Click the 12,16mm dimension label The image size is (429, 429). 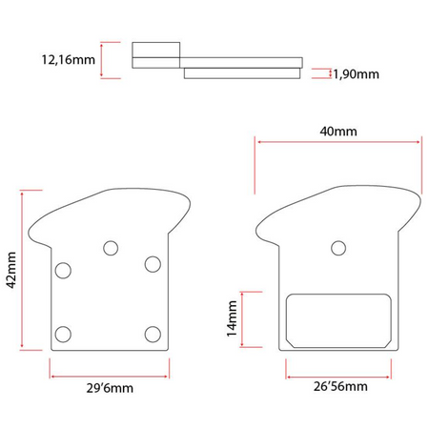(69, 60)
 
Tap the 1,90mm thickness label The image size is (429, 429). (356, 74)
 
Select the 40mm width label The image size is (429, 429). (338, 132)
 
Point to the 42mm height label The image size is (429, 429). (11, 270)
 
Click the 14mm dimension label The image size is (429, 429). (232, 318)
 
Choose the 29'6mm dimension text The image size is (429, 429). (110, 388)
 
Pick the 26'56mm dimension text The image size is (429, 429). (340, 386)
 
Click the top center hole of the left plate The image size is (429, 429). (111, 248)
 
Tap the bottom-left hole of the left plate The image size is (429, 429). (63, 335)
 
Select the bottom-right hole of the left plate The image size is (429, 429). (153, 335)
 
